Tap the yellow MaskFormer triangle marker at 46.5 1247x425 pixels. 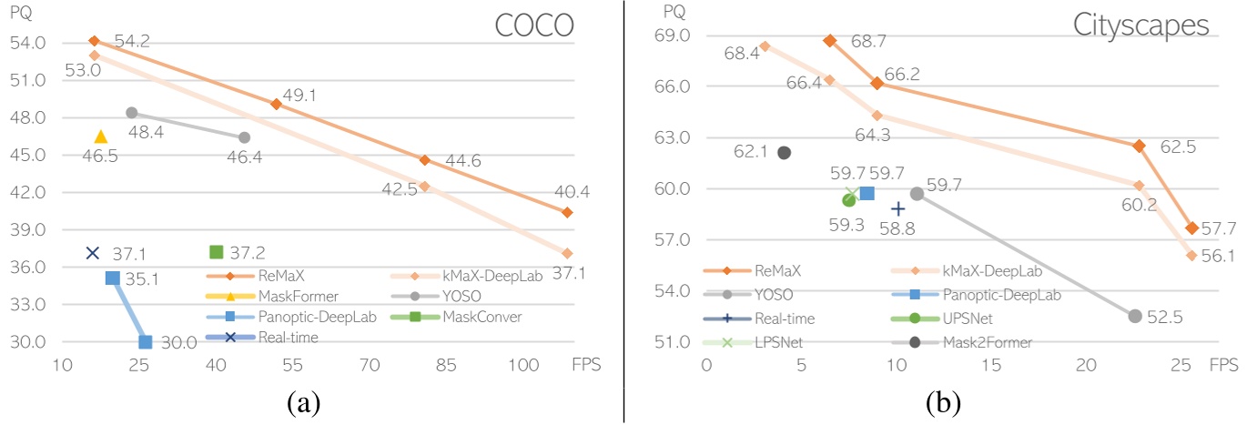(x=100, y=137)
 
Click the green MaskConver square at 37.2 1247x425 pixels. (x=217, y=251)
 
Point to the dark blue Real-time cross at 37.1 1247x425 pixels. (x=92, y=252)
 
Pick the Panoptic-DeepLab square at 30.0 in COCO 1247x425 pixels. (x=146, y=342)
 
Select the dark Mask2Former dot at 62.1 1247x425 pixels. (x=784, y=152)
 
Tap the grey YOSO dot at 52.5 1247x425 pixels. (x=1134, y=316)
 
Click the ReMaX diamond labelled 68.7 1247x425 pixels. (x=829, y=41)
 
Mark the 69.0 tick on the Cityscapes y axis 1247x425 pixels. (x=673, y=35)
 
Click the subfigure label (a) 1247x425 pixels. (x=301, y=401)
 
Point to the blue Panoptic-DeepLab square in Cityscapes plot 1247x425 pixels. (x=867, y=193)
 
